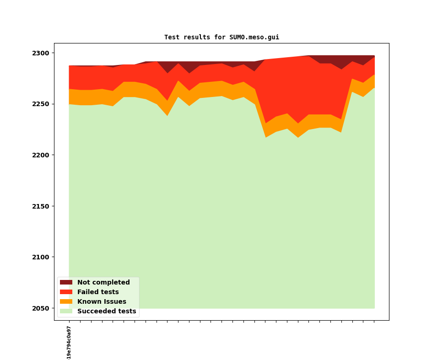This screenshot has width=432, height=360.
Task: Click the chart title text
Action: pyautogui.click(x=221, y=38)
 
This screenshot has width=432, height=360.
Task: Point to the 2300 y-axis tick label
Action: pyautogui.click(x=41, y=53)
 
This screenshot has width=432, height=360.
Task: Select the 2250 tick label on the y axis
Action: pyautogui.click(x=41, y=104)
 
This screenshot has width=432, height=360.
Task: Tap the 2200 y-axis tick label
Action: pyautogui.click(x=41, y=155)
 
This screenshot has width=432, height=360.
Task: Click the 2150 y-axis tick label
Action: pyautogui.click(x=41, y=206)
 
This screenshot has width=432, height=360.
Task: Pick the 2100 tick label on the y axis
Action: pyautogui.click(x=41, y=257)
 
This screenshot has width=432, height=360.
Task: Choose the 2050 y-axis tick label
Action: pyautogui.click(x=41, y=308)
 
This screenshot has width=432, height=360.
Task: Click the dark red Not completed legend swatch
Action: pyautogui.click(x=66, y=282)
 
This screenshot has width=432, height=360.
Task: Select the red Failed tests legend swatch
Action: pyautogui.click(x=66, y=292)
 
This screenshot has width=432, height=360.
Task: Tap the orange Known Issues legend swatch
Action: pyautogui.click(x=66, y=301)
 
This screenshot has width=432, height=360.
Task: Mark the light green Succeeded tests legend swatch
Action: pyautogui.click(x=66, y=311)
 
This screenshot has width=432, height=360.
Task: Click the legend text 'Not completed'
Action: pyautogui.click(x=103, y=282)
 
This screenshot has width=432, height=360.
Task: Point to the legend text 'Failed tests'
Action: pyautogui.click(x=98, y=292)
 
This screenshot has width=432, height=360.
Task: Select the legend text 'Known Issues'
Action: pyautogui.click(x=102, y=301)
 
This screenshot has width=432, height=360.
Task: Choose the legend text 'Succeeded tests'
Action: pyautogui.click(x=107, y=311)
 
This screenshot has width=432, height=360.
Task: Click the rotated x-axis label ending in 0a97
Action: pyautogui.click(x=69, y=343)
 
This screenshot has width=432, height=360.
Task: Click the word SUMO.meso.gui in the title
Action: pyautogui.click(x=254, y=38)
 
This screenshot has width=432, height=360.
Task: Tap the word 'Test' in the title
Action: pyautogui.click(x=172, y=38)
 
